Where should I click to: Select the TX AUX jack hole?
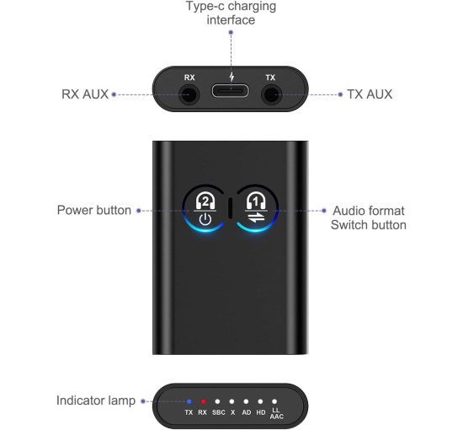270,94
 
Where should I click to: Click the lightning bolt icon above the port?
230,78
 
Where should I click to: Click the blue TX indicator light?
189,401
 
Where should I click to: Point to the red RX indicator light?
203,401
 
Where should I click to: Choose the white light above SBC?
217,401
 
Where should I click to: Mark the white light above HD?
261,401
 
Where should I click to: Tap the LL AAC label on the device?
275,415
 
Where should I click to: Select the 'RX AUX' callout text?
84,94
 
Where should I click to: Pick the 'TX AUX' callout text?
370,94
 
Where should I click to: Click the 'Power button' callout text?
94,210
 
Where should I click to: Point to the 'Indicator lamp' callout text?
96,401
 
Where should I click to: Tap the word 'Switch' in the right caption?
349,225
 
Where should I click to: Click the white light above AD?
246,401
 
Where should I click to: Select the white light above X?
231,401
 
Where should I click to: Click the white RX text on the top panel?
189,78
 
